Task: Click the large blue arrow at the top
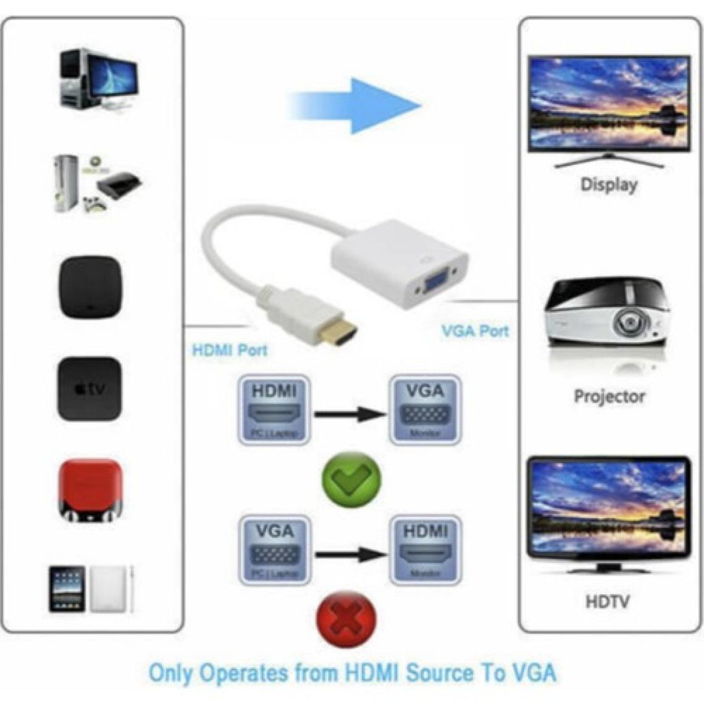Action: [x=358, y=105]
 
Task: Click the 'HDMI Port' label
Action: [x=230, y=351]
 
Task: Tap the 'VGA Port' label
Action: [x=475, y=330]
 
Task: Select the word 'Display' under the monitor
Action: [x=608, y=184]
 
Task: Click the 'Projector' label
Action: [x=609, y=396]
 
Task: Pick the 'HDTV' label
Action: [x=608, y=600]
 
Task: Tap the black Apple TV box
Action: [x=90, y=389]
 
